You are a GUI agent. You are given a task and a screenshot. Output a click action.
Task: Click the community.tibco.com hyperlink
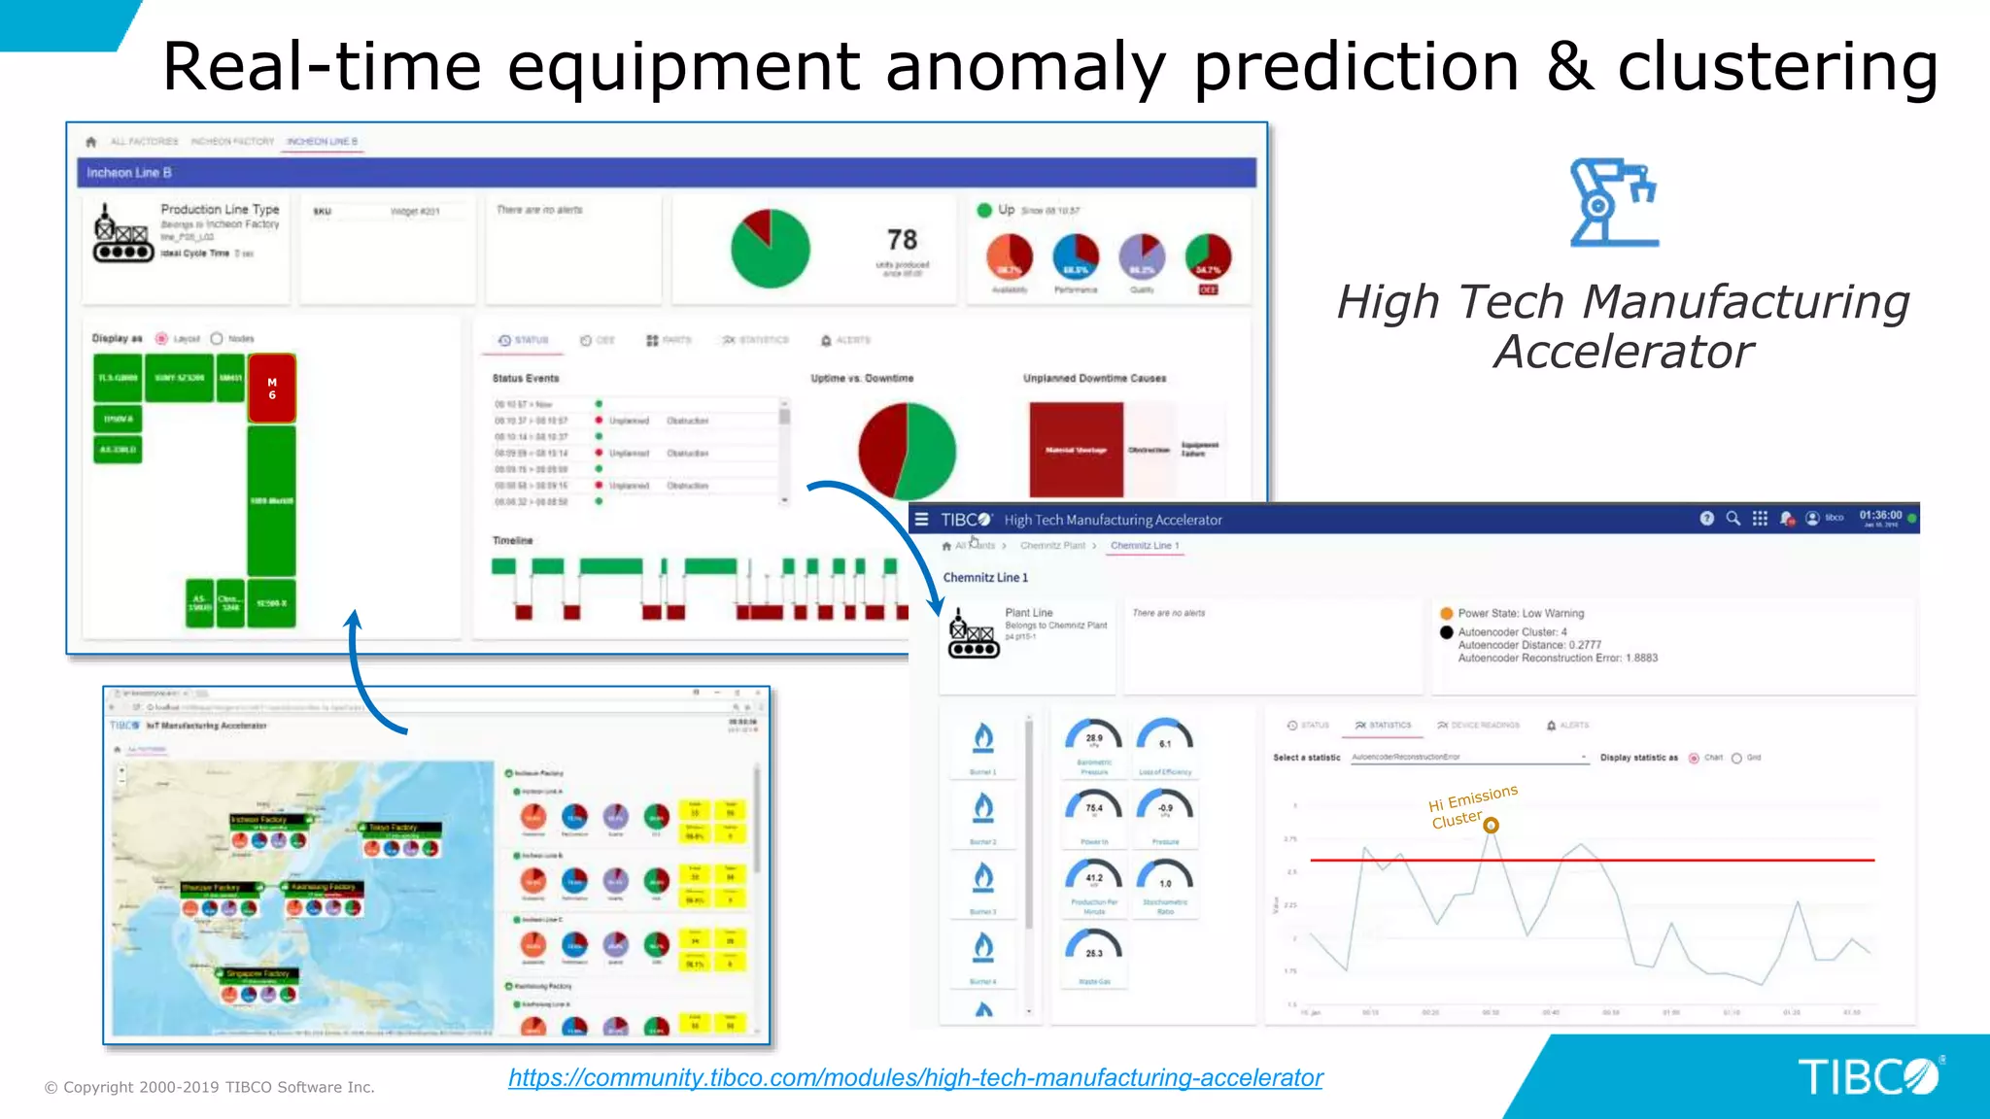(914, 1077)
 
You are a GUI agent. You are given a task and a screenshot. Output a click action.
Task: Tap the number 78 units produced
(902, 240)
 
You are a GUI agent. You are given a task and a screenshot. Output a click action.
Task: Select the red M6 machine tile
(272, 389)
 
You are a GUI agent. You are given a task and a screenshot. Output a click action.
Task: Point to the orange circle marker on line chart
(1491, 826)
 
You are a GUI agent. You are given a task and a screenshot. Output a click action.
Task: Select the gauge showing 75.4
(1094, 808)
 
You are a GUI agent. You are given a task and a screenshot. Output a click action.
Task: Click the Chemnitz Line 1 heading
(984, 577)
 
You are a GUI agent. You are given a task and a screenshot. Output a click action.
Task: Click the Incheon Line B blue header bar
(666, 173)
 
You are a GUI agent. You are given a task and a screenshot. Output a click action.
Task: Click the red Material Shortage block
(1076, 450)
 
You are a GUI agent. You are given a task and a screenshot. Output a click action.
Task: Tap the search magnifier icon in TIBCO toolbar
(1733, 519)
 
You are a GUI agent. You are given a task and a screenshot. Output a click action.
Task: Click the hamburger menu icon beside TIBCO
(921, 520)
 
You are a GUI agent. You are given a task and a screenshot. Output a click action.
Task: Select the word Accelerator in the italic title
(1623, 352)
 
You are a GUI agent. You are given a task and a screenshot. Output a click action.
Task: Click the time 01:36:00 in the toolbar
(1880, 516)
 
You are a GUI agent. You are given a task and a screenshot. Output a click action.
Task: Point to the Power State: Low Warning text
(1520, 613)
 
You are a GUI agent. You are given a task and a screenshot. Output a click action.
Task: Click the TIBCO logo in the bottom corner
(1868, 1076)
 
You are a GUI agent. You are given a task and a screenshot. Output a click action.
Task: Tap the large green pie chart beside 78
(770, 250)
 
